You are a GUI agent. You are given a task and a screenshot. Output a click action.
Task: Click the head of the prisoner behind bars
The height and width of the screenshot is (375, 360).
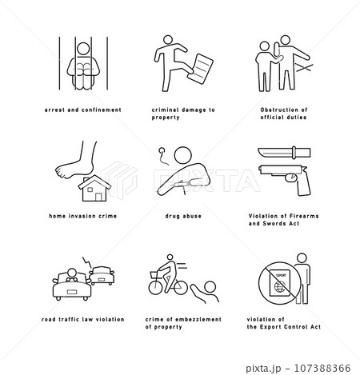point(83,49)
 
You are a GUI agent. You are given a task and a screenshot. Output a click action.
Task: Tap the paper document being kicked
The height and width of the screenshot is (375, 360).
point(200,69)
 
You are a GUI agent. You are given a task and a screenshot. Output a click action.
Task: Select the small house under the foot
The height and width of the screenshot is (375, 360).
point(94,188)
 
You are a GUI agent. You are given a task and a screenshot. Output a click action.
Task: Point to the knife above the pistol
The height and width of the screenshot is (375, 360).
point(284,153)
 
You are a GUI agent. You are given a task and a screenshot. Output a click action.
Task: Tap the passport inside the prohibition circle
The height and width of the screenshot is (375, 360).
point(280,283)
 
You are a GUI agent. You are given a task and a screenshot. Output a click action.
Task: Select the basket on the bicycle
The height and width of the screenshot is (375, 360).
point(154,274)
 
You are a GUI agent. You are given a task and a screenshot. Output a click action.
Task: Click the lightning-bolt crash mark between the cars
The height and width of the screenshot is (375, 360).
point(86,262)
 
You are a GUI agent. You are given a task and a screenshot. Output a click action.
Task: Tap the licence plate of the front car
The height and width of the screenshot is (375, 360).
point(72,292)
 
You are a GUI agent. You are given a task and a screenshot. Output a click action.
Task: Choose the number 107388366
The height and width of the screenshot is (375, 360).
point(322,368)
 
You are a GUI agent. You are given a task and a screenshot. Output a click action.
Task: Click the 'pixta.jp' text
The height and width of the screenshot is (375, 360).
point(263,369)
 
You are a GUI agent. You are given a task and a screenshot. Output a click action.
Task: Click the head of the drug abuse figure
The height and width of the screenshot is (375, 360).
point(183,155)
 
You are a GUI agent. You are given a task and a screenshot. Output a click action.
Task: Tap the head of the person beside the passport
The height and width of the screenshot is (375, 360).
point(302,258)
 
